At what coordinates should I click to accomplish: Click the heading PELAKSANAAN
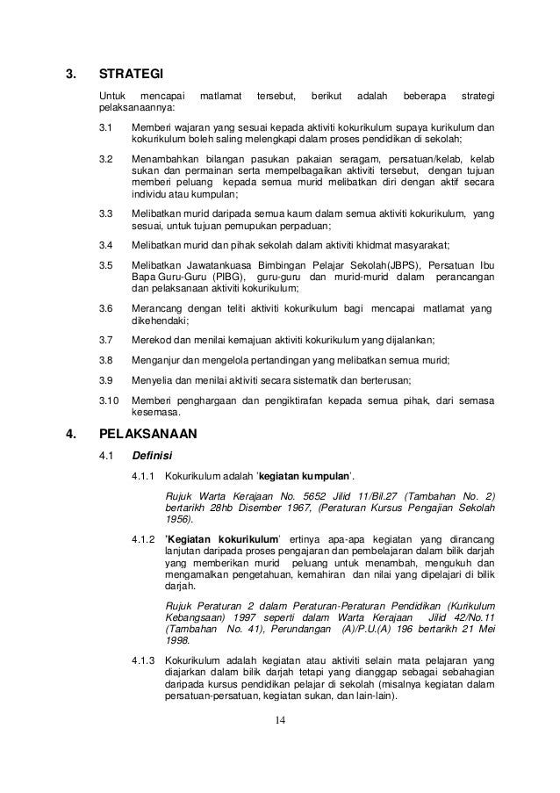pyautogui.click(x=148, y=433)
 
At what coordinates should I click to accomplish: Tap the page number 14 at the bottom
pyautogui.click(x=280, y=722)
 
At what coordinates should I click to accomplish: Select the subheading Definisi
pyautogui.click(x=152, y=455)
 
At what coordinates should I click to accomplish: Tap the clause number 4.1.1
pyautogui.click(x=143, y=477)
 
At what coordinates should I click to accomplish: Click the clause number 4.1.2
pyautogui.click(x=143, y=537)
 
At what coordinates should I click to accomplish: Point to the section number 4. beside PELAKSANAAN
pyautogui.click(x=72, y=433)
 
